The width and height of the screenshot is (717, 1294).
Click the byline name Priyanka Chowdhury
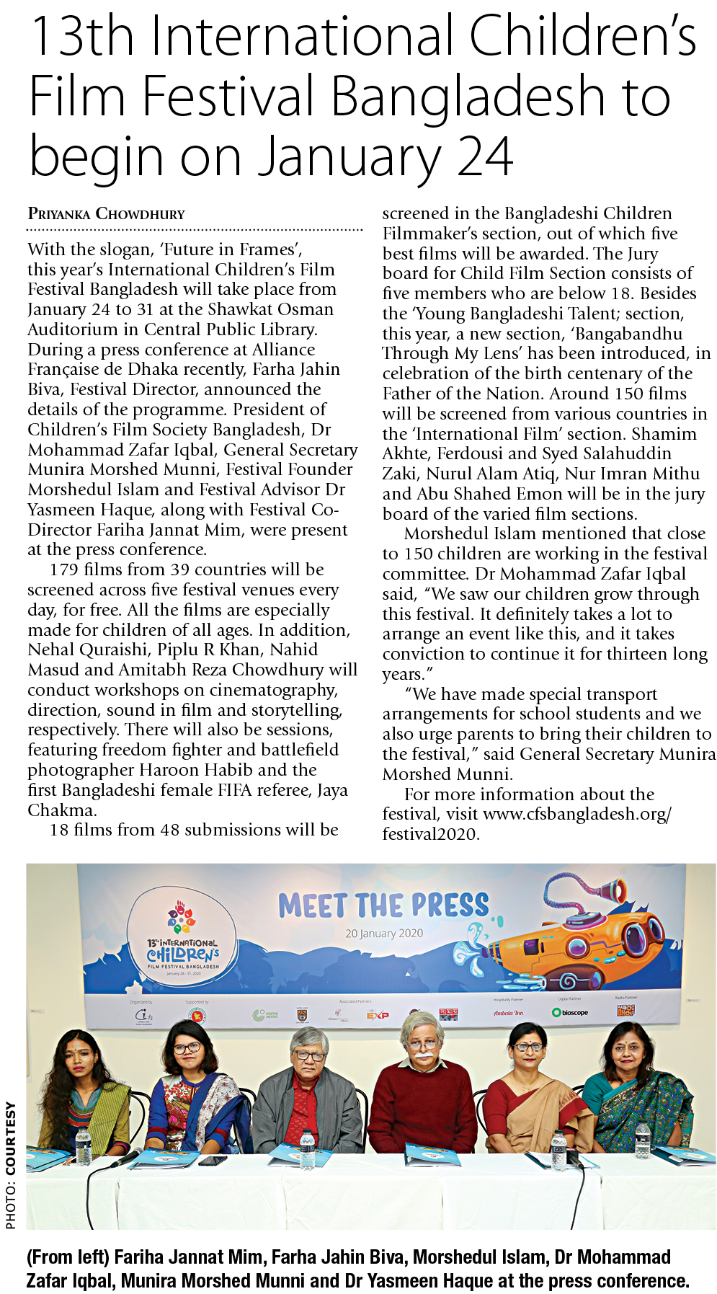(106, 214)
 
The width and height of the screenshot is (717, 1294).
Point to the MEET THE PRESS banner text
(383, 905)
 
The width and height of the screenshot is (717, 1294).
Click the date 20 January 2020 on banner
(384, 934)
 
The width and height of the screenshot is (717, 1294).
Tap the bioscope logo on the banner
(570, 1012)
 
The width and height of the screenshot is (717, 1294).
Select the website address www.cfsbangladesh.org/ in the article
(576, 814)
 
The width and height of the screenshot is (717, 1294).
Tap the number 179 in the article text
(64, 570)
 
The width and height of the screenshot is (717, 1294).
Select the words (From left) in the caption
(68, 1257)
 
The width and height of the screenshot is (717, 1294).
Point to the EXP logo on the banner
(378, 1015)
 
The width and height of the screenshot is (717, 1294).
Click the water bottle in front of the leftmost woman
(83, 1145)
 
